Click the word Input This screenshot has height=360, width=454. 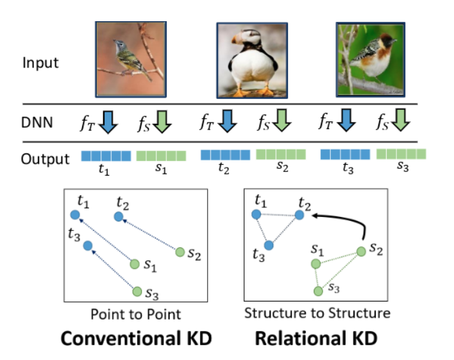point(40,63)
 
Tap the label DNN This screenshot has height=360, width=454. point(37,121)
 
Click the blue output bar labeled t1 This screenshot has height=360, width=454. point(106,155)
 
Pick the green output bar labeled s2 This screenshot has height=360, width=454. point(281,155)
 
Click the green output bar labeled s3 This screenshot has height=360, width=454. point(401,154)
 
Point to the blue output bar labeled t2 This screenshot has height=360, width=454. point(226,155)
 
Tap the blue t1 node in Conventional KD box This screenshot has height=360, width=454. point(74,214)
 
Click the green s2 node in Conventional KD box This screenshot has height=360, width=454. point(180,252)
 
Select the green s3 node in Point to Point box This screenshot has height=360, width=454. point(137,291)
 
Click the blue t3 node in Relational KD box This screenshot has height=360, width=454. point(269,245)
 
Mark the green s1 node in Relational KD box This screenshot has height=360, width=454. point(315,264)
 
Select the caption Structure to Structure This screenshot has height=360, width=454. point(317,314)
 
